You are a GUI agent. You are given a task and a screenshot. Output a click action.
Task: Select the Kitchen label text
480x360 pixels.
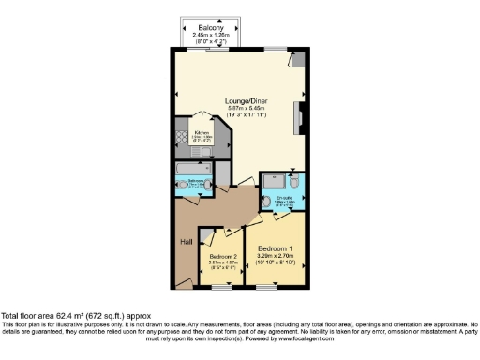pos(202,133)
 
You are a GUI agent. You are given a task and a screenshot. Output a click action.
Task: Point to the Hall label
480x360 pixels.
pos(186,242)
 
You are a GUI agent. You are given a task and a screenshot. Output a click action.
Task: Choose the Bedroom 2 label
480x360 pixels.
pos(223,257)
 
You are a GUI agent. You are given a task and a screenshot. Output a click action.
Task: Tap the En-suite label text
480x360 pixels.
pos(283,198)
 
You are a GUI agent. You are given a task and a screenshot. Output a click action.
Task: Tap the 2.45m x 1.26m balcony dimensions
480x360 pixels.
pos(209,35)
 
